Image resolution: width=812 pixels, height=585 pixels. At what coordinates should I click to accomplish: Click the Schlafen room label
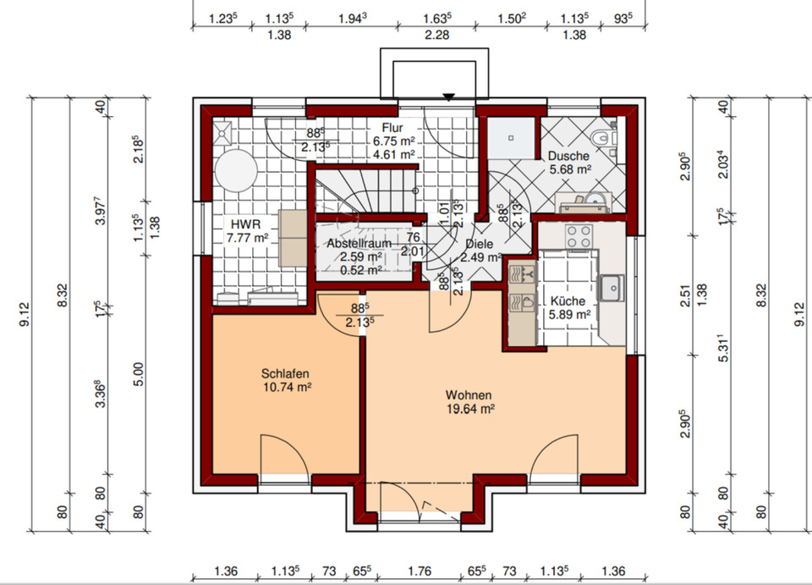285,373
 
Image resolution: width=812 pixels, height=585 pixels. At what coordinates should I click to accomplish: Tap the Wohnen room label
469,395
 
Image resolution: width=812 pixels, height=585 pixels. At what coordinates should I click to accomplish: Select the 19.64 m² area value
470,409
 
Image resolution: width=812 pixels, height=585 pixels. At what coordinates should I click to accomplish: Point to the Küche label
568,301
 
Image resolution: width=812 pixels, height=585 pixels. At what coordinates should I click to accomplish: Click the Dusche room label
568,156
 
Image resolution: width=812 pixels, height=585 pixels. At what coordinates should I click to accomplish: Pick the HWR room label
246,224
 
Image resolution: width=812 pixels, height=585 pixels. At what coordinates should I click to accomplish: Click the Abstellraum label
359,243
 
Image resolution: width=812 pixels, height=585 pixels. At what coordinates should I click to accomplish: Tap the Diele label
480,244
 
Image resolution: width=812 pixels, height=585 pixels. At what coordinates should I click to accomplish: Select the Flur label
392,128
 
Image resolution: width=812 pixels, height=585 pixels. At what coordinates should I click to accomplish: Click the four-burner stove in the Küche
579,236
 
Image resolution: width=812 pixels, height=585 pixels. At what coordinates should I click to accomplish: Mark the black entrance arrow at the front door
448,97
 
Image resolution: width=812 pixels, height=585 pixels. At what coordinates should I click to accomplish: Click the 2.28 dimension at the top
437,35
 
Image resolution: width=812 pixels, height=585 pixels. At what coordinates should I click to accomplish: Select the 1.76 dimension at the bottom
420,571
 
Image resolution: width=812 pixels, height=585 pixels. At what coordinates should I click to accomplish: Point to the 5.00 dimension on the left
138,374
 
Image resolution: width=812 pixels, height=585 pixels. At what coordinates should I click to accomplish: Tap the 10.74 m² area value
288,387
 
